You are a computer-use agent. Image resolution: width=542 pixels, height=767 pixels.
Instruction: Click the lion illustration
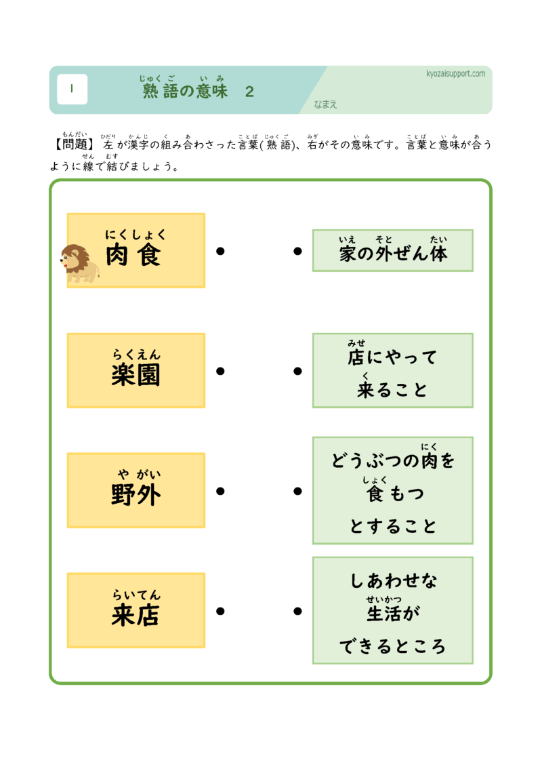[x=79, y=263]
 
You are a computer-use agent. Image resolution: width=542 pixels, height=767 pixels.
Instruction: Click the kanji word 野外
[x=135, y=495]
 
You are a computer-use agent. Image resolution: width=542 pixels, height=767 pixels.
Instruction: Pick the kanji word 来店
[x=135, y=615]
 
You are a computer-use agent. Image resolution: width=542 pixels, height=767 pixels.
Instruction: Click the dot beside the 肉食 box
[x=220, y=251]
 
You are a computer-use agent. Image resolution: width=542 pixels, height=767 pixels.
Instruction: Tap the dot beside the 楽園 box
[x=220, y=371]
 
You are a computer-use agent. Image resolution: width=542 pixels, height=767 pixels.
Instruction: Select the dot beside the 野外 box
[x=220, y=491]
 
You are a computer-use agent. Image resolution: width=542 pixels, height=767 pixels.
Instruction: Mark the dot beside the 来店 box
[x=220, y=611]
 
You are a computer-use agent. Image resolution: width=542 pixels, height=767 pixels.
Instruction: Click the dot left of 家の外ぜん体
[x=297, y=251]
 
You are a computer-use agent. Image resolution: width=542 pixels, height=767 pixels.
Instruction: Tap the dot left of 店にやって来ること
[x=297, y=371]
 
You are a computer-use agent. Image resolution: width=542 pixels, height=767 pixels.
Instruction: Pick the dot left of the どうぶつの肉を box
[x=297, y=491]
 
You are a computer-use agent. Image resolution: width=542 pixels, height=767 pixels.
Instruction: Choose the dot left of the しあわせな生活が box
[x=297, y=611]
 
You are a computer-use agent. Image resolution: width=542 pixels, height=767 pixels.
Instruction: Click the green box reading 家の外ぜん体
[x=392, y=250]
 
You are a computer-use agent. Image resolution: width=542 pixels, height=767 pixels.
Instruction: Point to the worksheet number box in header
[x=72, y=90]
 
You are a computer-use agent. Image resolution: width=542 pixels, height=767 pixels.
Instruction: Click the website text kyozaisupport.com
[x=455, y=73]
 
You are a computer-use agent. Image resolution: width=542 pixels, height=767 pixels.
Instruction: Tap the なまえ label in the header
[x=325, y=104]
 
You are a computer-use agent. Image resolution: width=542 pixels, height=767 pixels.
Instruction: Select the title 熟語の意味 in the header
[x=185, y=92]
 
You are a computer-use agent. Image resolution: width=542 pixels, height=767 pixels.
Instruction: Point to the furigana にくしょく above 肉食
[x=135, y=235]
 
